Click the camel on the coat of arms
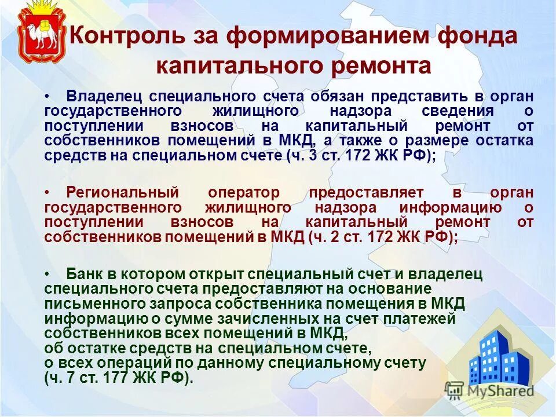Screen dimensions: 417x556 click(x=41, y=37)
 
